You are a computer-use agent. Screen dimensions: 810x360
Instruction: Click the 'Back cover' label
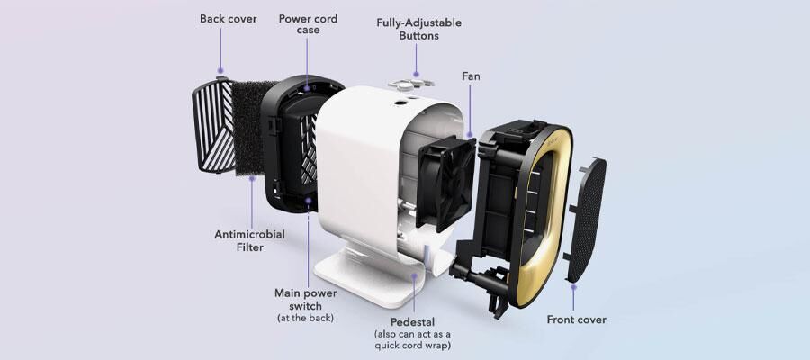[x=228, y=19]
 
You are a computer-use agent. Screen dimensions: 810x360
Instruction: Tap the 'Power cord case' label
[x=308, y=24]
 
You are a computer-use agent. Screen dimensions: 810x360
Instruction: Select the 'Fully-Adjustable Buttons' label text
[x=418, y=30]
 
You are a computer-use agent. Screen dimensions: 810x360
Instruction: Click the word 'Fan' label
[x=471, y=76]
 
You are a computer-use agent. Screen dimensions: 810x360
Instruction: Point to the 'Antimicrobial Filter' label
[x=250, y=240]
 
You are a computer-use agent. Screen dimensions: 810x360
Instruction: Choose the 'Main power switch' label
[x=305, y=299]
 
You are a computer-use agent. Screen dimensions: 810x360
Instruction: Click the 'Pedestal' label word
[x=412, y=321]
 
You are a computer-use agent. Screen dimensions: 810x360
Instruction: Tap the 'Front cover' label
[x=577, y=319]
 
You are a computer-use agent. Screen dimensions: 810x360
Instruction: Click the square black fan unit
[x=445, y=184]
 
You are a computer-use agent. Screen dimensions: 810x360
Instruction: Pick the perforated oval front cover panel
[x=587, y=220]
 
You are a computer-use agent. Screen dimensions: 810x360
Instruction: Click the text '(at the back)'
[x=305, y=318]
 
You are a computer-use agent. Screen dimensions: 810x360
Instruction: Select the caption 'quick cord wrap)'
[x=412, y=345]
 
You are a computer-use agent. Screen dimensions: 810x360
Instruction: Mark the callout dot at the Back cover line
[x=220, y=71]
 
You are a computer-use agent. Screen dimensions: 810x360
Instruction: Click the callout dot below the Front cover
[x=573, y=287]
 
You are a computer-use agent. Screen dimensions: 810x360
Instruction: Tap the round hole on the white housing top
[x=400, y=103]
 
